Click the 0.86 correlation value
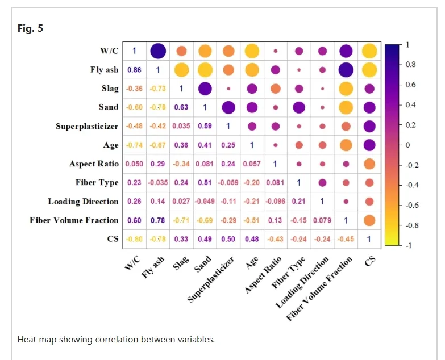point(134,70)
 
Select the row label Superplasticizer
point(87,126)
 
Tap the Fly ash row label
point(104,70)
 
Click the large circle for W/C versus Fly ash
point(157,51)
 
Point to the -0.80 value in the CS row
point(134,239)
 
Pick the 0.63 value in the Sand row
point(181,107)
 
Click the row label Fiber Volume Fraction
point(74,220)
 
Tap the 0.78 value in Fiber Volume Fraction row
point(157,220)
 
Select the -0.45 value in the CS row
point(345,239)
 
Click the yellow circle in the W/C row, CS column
point(369,51)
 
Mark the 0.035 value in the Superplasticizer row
point(181,126)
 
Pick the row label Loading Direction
point(83,202)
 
